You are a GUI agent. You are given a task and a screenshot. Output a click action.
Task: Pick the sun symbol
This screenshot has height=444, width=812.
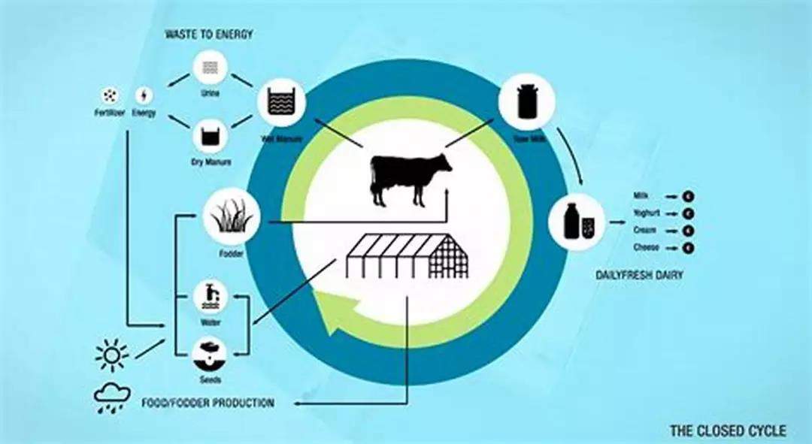pos(112,354)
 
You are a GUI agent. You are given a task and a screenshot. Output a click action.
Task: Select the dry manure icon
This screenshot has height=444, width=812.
pos(211,136)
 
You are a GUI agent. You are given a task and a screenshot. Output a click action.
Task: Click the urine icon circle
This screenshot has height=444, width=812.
pos(211,68)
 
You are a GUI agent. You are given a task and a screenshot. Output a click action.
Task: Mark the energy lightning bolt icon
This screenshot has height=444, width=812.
pos(144,96)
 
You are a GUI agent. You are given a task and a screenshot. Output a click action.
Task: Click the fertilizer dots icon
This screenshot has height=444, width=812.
pos(111,96)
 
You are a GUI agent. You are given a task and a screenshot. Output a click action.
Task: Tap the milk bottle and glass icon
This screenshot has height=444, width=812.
pos(577,222)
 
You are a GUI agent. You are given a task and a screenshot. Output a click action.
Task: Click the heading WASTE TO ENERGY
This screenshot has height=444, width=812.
pos(210,35)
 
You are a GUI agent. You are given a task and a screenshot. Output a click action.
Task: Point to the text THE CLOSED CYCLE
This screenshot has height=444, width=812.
pos(728,430)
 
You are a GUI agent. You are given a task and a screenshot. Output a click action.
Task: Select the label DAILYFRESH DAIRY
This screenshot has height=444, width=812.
pos(639,276)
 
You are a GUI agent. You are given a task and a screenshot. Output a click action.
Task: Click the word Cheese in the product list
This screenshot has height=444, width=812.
pos(646,247)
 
